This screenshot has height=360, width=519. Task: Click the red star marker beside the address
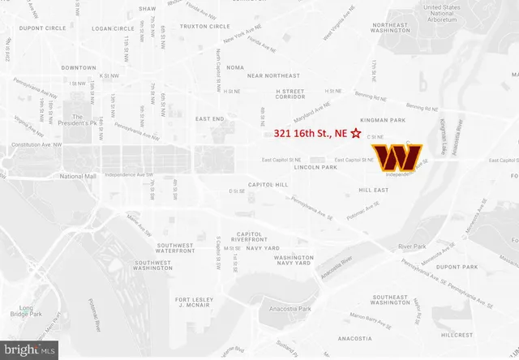coord(355,136)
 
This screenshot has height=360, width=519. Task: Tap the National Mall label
coord(78,176)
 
